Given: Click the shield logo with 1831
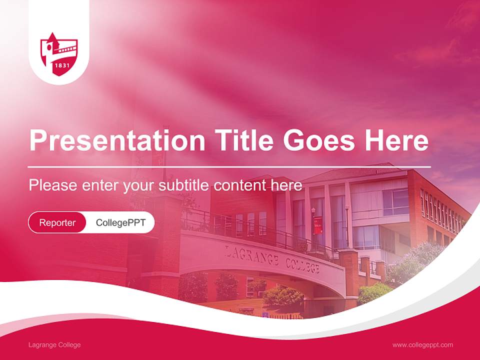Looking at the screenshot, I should pyautogui.click(x=59, y=54).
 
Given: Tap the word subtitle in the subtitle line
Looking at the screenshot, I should pyautogui.click(x=184, y=185).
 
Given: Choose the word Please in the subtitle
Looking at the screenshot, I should pyautogui.click(x=52, y=185).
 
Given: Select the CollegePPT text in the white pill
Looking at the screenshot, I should pyautogui.click(x=120, y=222).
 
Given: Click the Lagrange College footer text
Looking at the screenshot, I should pyautogui.click(x=54, y=345).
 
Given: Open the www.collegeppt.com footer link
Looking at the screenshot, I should pyautogui.click(x=422, y=345).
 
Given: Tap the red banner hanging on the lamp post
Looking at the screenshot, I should pyautogui.click(x=317, y=225).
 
